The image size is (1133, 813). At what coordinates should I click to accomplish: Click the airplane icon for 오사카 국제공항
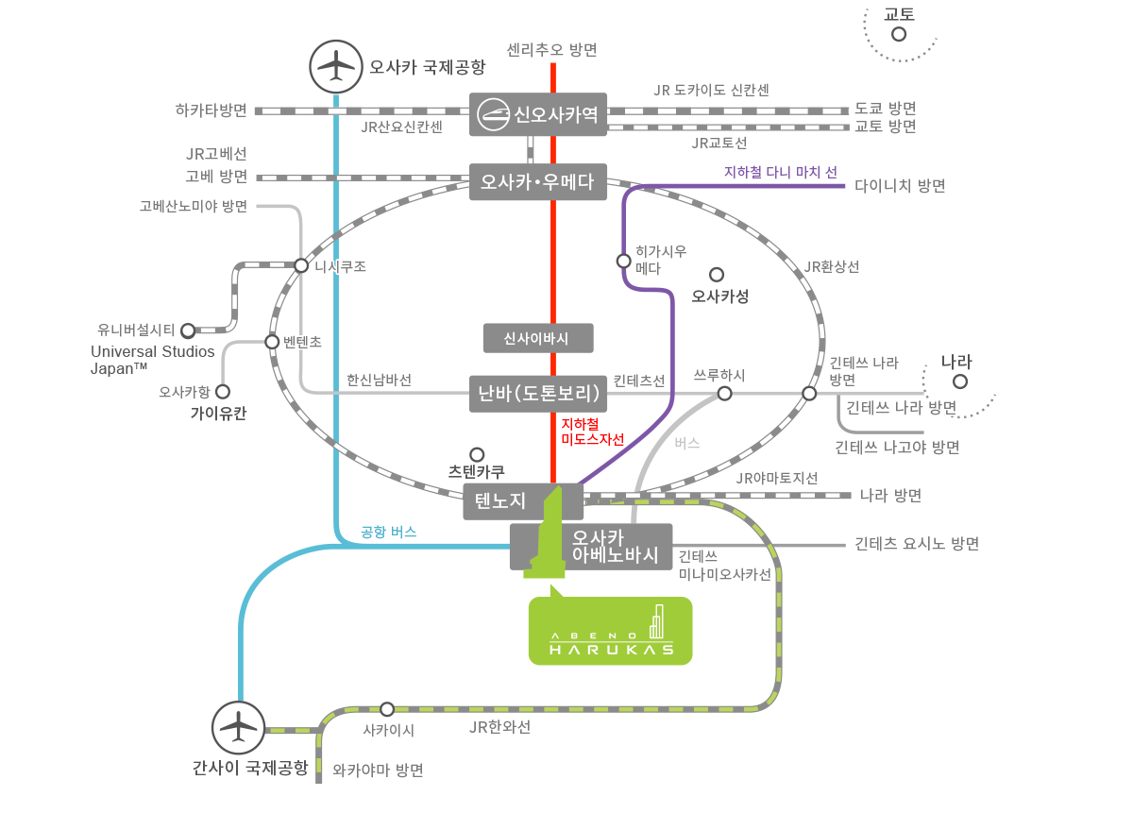(336, 66)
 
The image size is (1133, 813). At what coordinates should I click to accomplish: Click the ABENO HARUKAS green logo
(610, 624)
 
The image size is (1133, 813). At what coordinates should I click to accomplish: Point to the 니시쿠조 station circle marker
(301, 266)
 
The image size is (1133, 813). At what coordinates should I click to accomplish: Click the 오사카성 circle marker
(716, 275)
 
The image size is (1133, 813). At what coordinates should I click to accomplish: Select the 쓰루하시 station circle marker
(724, 393)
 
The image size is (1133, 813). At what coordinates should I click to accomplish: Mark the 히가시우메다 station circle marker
(623, 260)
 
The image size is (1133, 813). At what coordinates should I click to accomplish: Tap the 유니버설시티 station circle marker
(188, 330)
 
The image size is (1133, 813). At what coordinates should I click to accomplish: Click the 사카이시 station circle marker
(387, 708)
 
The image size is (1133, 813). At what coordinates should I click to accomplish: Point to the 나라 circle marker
(960, 382)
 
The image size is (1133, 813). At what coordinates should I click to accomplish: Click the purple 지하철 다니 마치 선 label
(780, 173)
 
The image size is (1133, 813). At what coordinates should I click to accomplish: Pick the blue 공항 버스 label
(388, 533)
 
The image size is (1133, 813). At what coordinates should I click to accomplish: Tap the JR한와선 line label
(499, 727)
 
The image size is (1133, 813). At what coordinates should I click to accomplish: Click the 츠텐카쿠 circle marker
(477, 454)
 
